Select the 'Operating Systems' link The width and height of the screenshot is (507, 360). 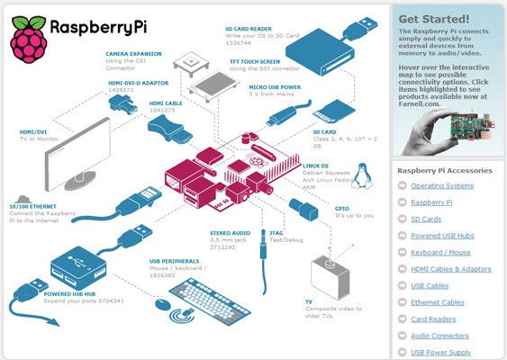tap(441, 185)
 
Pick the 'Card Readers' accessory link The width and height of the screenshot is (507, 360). tap(434, 319)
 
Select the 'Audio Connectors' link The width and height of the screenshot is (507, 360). tap(440, 336)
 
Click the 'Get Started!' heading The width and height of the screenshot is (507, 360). tap(433, 17)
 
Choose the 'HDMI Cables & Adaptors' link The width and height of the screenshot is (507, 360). tap(450, 269)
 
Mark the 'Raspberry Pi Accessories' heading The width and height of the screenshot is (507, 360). tap(445, 169)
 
